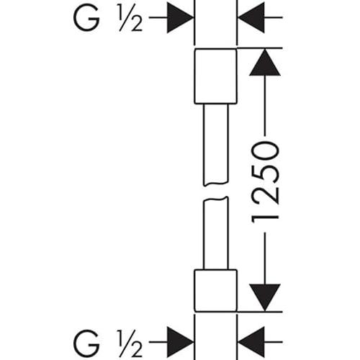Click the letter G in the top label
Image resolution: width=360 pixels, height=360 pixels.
pos(86,17)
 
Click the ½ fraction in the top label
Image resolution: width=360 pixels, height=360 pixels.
pos(130,18)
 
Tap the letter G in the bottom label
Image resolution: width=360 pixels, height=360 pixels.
pos(86,342)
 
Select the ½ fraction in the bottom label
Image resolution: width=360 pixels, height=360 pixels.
pos(130,343)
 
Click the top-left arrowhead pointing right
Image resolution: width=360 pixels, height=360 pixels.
pos(180,17)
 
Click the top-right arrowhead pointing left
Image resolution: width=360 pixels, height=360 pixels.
pos(251,17)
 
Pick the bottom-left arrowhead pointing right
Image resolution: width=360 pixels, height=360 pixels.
pos(180,342)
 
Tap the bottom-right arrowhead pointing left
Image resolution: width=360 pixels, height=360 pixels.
pos(251,342)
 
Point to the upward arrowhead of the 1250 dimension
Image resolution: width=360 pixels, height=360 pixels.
pos(265,63)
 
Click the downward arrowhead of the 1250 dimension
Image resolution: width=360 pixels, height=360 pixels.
pos(265,297)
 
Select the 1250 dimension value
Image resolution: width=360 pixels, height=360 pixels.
pos(266,182)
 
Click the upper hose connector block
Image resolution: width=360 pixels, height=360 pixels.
pos(215,76)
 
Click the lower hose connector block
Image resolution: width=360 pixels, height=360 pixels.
pos(215,291)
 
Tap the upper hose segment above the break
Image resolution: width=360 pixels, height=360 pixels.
pos(216,145)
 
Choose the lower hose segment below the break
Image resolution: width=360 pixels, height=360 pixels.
pos(216,233)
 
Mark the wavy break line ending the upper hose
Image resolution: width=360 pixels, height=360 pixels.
pos(216,184)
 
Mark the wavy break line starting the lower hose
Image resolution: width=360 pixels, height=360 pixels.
pos(216,199)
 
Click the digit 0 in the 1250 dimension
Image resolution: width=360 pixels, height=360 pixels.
pos(266,151)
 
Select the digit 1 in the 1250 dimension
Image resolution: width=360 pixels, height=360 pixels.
pos(266,217)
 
